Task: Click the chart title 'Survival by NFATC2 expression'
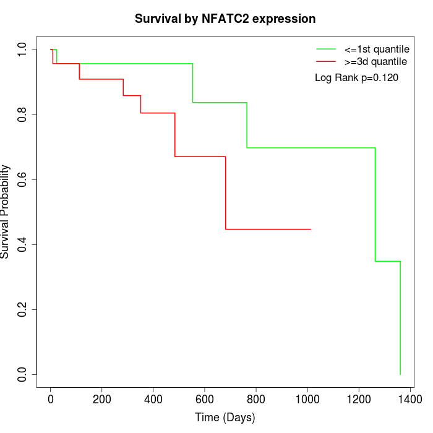click(x=225, y=19)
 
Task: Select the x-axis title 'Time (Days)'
click(x=225, y=418)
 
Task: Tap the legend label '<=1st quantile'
click(x=376, y=49)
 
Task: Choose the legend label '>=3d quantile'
click(x=376, y=62)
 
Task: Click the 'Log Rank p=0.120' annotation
click(x=357, y=78)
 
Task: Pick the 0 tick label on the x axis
click(x=51, y=399)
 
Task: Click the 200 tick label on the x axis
click(x=102, y=399)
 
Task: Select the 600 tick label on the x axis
click(x=205, y=399)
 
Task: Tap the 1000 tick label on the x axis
click(x=307, y=399)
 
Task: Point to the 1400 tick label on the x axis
click(x=409, y=399)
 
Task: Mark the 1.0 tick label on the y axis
click(x=23, y=49)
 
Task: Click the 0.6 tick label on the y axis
click(x=23, y=179)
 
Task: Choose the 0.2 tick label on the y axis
click(x=23, y=309)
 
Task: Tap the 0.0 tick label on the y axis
click(x=23, y=374)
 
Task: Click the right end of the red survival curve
click(x=310, y=229)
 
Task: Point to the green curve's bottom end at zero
click(x=400, y=374)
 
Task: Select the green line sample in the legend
click(x=326, y=49)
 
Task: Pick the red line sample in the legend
click(x=326, y=62)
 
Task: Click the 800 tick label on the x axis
click(x=255, y=399)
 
